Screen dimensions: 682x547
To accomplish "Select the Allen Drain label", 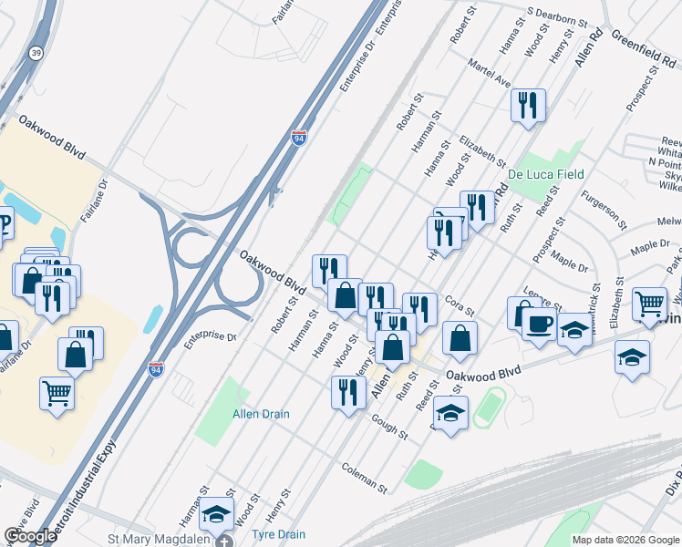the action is (261, 414).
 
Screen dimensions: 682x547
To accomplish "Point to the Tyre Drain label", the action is (278, 534).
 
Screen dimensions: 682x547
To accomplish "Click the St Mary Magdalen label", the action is (159, 540).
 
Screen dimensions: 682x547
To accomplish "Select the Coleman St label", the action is (365, 476).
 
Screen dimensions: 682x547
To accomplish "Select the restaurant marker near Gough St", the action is (347, 392).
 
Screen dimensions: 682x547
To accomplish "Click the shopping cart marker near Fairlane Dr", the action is (57, 394).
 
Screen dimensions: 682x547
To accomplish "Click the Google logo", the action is (30, 536).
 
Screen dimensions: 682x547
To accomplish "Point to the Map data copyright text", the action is (625, 540).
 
